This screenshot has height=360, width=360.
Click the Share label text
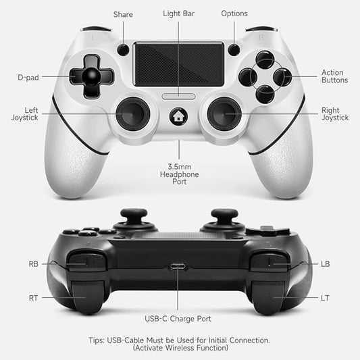pyautogui.click(x=123, y=14)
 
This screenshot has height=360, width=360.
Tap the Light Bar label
pyautogui.click(x=179, y=14)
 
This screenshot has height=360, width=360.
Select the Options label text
pyautogui.click(x=234, y=14)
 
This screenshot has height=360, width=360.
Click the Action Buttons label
pyautogui.click(x=334, y=76)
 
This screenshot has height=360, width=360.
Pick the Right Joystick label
pyautogui.click(x=334, y=113)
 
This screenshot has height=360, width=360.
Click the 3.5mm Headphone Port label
pyautogui.click(x=180, y=173)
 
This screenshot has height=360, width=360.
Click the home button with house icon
pyautogui.click(x=179, y=115)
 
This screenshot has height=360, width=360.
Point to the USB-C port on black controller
pyautogui.click(x=179, y=266)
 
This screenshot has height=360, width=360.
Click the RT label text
pyautogui.click(x=33, y=297)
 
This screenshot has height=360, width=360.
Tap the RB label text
pyautogui.click(x=34, y=264)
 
